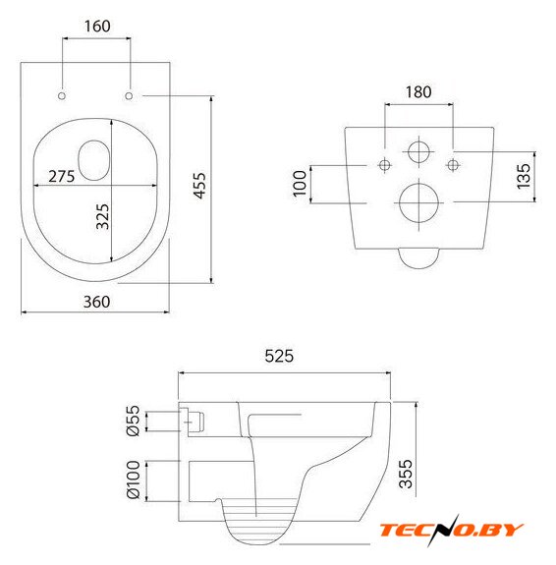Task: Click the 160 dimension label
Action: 97,26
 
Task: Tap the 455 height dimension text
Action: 199,185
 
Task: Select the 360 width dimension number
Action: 96,302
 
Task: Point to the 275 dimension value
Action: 62,176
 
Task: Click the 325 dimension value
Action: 102,216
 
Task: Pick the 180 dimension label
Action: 418,92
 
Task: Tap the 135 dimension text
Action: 524,176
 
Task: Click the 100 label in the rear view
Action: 300,184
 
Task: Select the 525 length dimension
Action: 279,356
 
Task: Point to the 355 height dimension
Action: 406,474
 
